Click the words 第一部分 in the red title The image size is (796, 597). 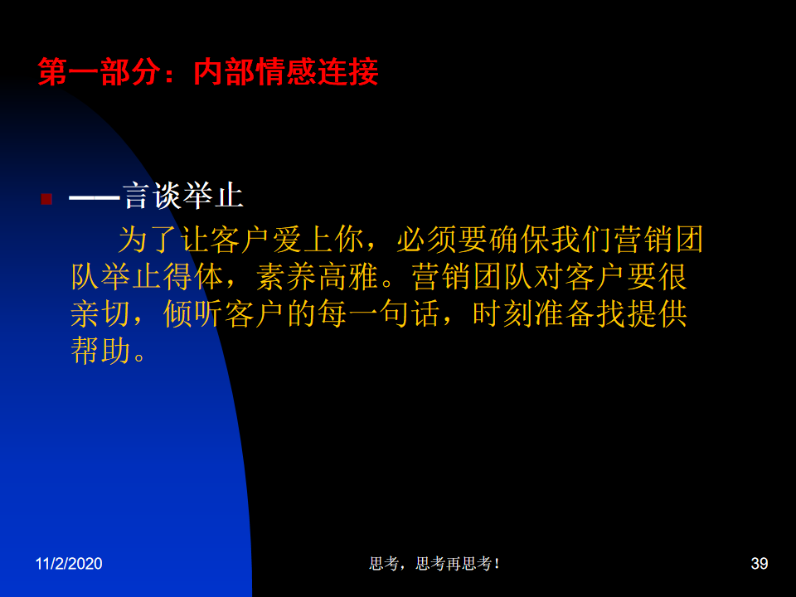(99, 72)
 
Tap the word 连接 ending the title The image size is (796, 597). (347, 72)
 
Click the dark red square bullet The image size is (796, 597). (46, 198)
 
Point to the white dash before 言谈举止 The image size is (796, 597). (95, 197)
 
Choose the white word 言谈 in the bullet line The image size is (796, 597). (152, 196)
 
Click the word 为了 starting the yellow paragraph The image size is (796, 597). (148, 240)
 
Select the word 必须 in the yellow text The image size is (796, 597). (427, 240)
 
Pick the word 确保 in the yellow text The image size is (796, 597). (520, 240)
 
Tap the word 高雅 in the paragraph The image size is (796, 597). (348, 277)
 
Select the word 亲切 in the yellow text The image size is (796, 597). (100, 313)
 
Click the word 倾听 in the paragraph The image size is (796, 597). (193, 313)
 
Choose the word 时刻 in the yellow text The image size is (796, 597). (503, 313)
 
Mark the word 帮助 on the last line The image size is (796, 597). (100, 351)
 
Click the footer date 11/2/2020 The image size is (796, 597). (69, 564)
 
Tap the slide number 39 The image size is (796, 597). (760, 564)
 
